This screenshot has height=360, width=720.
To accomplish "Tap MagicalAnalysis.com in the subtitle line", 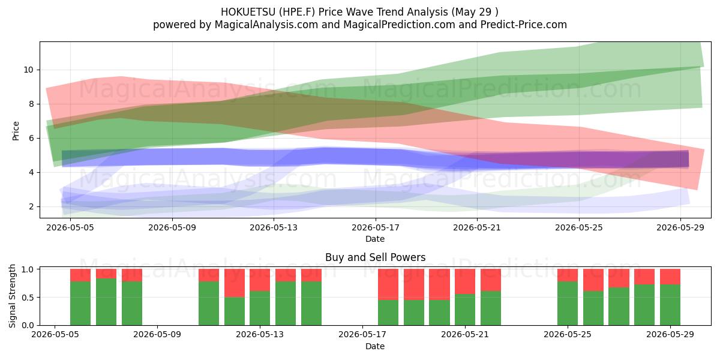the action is pyautogui.click(x=266, y=25).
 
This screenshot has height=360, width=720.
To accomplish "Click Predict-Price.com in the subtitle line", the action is pyautogui.click(x=524, y=25).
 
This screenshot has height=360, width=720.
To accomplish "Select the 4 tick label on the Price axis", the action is pyautogui.click(x=31, y=172).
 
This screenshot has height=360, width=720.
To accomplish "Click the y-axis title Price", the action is pyautogui.click(x=16, y=131).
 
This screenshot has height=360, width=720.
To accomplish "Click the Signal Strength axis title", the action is pyautogui.click(x=12, y=296).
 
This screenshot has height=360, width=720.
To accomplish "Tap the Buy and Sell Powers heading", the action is pyautogui.click(x=375, y=257).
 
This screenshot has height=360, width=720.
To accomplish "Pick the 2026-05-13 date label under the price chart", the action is pyautogui.click(x=274, y=227).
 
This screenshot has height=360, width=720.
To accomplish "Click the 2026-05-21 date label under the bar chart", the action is pyautogui.click(x=465, y=334).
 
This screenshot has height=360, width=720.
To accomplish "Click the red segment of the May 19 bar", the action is pyautogui.click(x=413, y=284).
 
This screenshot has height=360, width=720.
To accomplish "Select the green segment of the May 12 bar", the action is pyautogui.click(x=235, y=311).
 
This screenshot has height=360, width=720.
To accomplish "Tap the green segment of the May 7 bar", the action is pyautogui.click(x=106, y=302).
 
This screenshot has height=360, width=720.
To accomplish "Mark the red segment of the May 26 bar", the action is pyautogui.click(x=593, y=280).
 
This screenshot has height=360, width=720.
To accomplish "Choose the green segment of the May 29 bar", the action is pyautogui.click(x=670, y=305).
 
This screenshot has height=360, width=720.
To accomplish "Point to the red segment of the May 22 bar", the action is pyautogui.click(x=491, y=280).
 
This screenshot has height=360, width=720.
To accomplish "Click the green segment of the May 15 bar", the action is pyautogui.click(x=311, y=304).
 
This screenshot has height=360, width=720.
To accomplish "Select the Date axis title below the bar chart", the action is pyautogui.click(x=375, y=346).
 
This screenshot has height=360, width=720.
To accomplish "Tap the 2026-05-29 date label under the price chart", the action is pyautogui.click(x=680, y=227).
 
